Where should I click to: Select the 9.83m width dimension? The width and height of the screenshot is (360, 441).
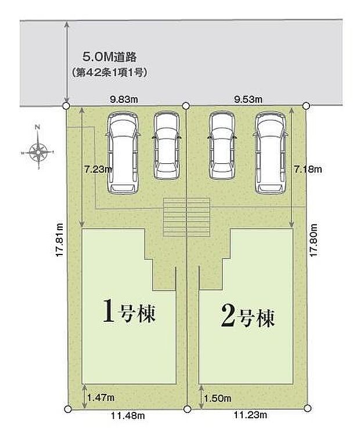[x=124, y=99]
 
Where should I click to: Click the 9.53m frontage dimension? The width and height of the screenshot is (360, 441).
[x=249, y=99]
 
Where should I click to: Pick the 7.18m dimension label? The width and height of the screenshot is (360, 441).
[x=308, y=170]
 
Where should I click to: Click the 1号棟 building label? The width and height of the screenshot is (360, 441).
[x=131, y=314]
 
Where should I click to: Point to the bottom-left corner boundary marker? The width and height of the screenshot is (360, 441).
[x=67, y=409]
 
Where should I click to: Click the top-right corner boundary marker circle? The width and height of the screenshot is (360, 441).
[x=306, y=106]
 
